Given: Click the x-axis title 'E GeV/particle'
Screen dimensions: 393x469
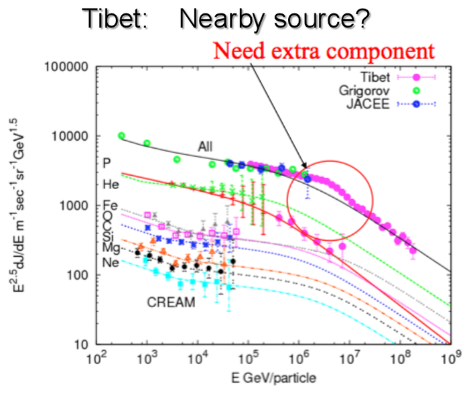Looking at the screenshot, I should (x=271, y=379).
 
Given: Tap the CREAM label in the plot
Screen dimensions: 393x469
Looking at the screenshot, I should (x=171, y=302).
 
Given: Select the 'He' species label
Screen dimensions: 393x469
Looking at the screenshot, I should (x=111, y=182).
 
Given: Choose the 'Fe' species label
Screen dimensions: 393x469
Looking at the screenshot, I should (x=111, y=205).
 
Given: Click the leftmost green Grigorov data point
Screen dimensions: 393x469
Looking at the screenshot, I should (x=121, y=135).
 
